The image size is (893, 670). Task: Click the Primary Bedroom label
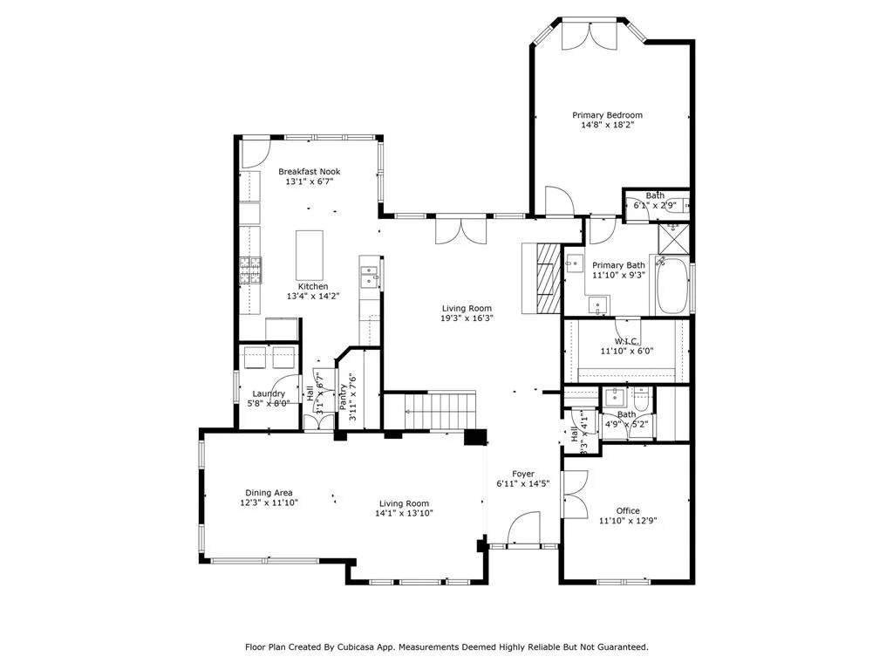[607, 115]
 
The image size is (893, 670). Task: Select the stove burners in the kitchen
[250, 270]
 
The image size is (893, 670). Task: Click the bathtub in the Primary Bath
[672, 285]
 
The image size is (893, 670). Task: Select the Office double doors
[575, 495]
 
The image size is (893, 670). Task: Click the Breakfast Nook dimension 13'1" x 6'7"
[310, 181]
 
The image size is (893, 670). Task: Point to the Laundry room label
[269, 393]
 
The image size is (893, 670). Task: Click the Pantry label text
[343, 397]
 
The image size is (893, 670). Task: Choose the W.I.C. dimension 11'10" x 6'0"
[626, 351]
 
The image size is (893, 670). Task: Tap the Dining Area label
[269, 493]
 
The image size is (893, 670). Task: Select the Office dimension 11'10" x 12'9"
[628, 520]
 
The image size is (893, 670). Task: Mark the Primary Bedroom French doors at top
[590, 35]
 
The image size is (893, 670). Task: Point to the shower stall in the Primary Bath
[674, 239]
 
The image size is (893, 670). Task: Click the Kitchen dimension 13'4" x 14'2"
[313, 297]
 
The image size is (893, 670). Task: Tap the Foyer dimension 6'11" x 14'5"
[523, 483]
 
